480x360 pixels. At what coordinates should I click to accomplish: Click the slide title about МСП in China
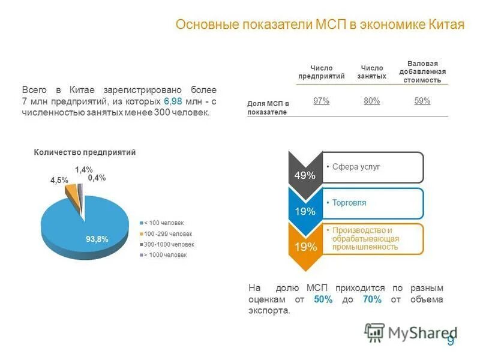click(x=320, y=25)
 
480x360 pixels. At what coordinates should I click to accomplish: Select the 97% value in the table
click(x=322, y=101)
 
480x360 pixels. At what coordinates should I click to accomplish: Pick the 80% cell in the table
click(x=371, y=101)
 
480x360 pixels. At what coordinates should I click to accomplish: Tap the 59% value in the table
click(x=422, y=101)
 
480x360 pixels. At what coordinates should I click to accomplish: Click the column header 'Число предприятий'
click(x=322, y=72)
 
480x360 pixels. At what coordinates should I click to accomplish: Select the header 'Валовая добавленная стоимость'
click(x=422, y=71)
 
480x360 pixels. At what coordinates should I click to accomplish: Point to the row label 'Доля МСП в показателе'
click(x=268, y=107)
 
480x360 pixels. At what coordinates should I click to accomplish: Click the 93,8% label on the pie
click(x=97, y=239)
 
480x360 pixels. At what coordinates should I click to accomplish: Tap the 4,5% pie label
click(x=59, y=180)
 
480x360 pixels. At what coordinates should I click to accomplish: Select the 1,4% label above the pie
click(x=84, y=170)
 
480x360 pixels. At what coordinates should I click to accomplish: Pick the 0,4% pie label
click(x=97, y=178)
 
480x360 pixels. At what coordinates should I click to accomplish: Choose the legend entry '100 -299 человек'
click(x=168, y=233)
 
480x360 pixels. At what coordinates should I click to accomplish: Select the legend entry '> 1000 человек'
click(x=166, y=255)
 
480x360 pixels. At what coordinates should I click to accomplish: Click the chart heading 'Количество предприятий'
click(x=85, y=152)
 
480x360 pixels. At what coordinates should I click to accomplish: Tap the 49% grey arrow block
click(x=304, y=175)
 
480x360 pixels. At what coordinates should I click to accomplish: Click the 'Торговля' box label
click(x=349, y=203)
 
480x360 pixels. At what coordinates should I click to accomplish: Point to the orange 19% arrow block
click(x=304, y=247)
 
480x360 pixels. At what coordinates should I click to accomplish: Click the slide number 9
click(x=451, y=341)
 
